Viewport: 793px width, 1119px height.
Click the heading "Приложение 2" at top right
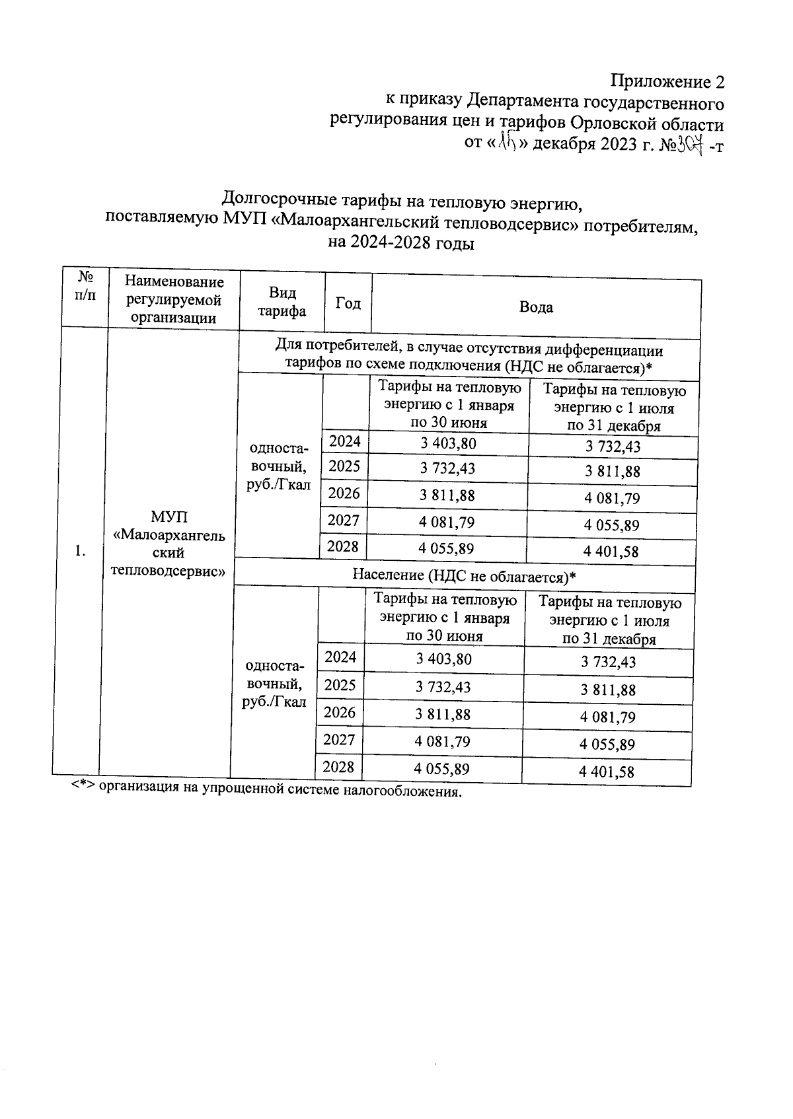[x=667, y=82]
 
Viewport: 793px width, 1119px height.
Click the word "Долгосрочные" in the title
[x=277, y=199]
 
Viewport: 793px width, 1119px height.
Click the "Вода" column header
[x=536, y=307]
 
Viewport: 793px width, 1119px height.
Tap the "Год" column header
[x=348, y=303]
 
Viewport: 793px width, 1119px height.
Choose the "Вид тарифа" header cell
[x=282, y=302]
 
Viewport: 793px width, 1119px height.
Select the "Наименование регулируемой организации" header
[x=174, y=300]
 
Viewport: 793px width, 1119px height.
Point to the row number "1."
[x=80, y=551]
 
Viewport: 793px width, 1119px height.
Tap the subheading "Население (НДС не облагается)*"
[x=464, y=576]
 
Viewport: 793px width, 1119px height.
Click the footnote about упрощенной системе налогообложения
[x=266, y=790]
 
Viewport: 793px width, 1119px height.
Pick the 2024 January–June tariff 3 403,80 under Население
[x=444, y=659]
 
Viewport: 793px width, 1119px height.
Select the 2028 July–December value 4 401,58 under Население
[x=607, y=772]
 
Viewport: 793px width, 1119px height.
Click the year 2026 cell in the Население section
[x=340, y=712]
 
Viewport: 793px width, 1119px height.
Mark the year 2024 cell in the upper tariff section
[x=345, y=441]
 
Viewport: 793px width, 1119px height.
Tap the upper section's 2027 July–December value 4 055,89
[x=611, y=526]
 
